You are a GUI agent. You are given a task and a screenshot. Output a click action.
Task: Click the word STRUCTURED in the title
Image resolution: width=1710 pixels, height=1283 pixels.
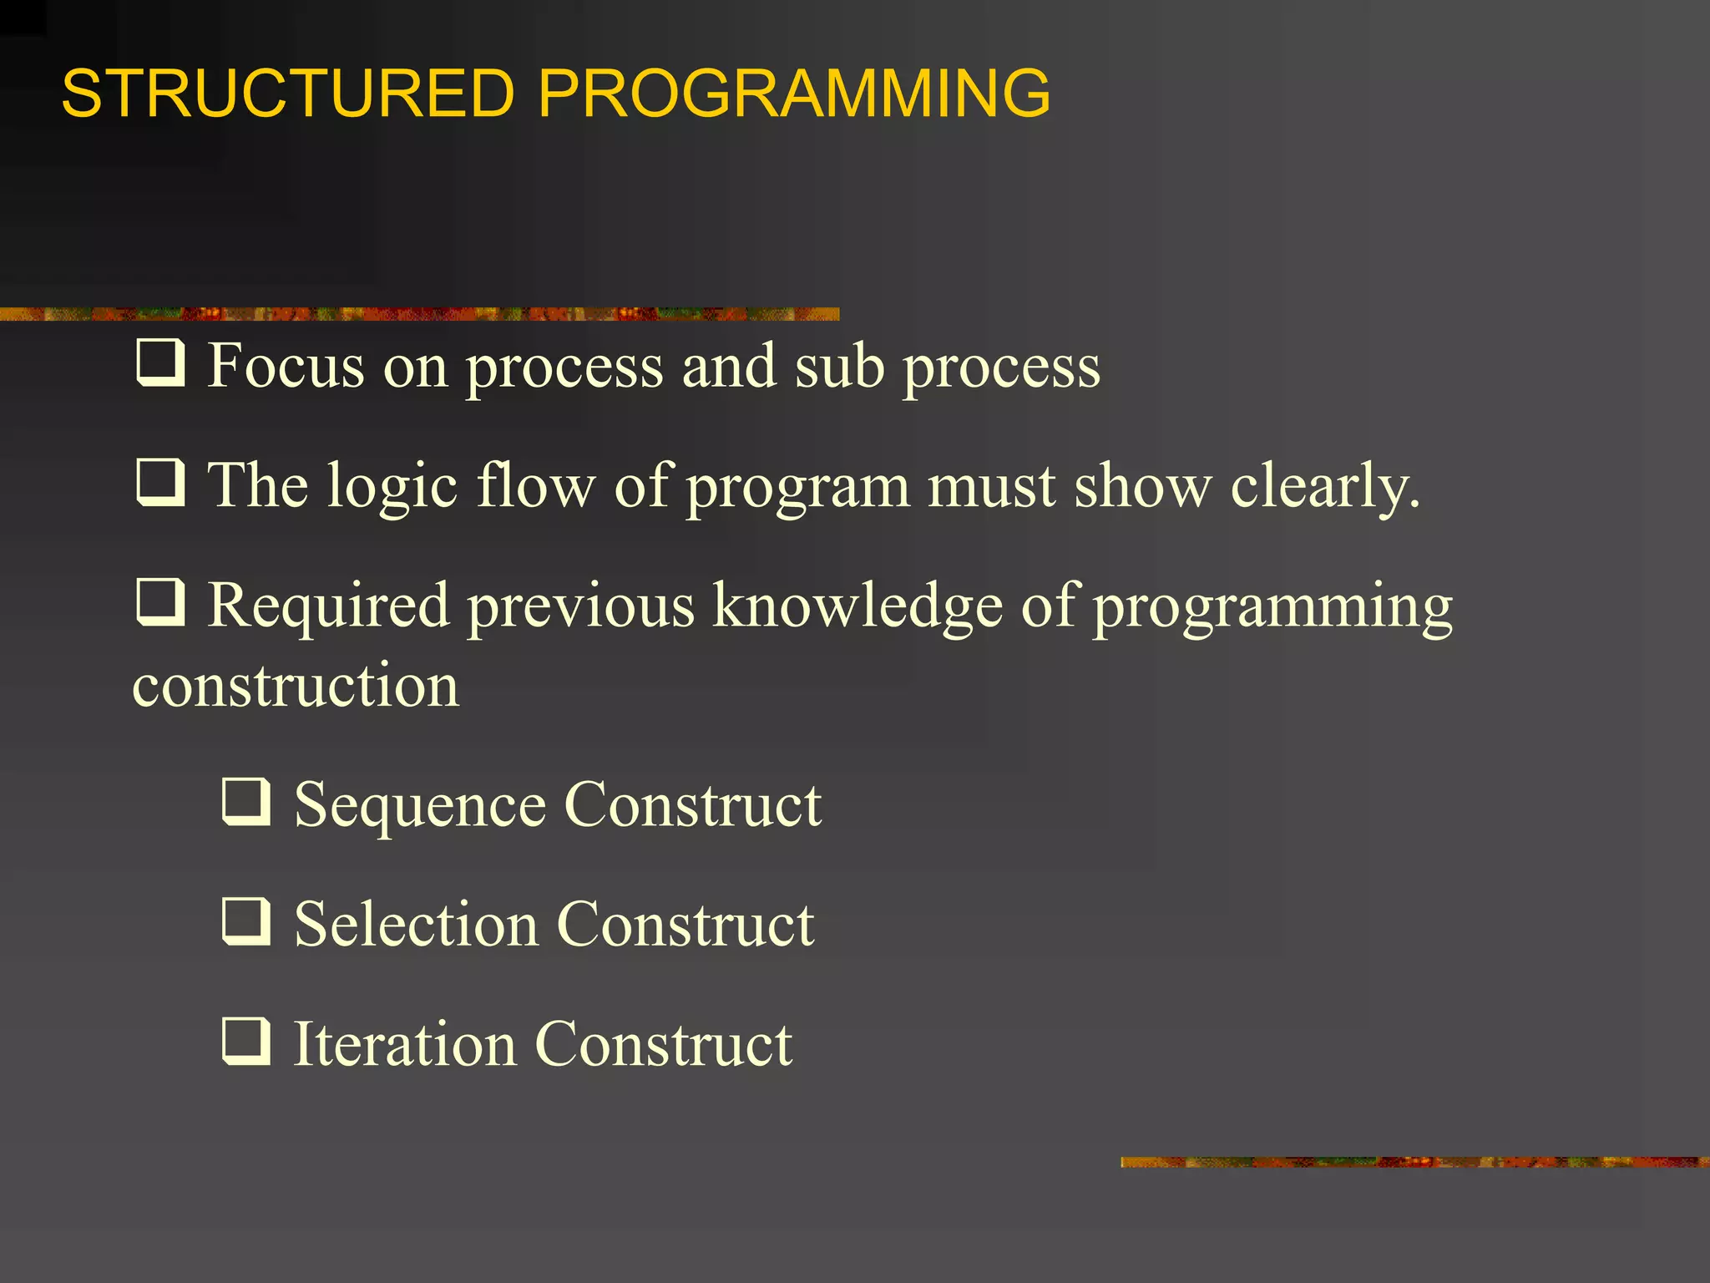coord(288,93)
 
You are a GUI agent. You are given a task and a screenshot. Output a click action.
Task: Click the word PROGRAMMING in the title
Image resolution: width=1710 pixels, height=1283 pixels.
coord(794,93)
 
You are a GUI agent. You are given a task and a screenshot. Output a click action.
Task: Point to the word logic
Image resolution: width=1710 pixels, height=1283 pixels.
coord(392,488)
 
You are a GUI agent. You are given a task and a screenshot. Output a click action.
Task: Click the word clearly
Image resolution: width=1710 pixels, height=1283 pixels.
coord(1324,488)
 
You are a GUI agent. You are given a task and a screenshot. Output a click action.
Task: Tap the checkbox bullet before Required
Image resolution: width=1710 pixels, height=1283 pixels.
coord(159,602)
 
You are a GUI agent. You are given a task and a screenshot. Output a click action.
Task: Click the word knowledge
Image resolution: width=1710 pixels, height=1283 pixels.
coord(858,606)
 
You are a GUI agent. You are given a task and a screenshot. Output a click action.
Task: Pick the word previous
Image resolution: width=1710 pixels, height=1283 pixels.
coord(580,606)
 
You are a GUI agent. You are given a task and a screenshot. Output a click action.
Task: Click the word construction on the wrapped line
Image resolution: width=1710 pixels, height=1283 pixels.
coord(296,686)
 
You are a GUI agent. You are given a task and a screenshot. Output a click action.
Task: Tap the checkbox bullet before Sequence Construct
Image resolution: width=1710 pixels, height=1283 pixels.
coord(246,802)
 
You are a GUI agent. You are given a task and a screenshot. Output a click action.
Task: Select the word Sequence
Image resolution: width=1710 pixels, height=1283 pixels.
coord(420,807)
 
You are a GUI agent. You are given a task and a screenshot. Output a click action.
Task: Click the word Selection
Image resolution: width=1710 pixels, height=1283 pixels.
coord(416,925)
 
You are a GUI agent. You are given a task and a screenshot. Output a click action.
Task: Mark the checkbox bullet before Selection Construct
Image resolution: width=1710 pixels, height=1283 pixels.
coord(246,921)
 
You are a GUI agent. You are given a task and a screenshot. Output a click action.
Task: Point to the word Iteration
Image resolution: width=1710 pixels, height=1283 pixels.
coord(405,1044)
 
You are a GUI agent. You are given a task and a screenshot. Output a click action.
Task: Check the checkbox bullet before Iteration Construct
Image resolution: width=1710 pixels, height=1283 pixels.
coord(246,1042)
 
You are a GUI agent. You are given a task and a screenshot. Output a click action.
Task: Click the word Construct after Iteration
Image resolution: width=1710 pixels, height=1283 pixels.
coord(663,1044)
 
